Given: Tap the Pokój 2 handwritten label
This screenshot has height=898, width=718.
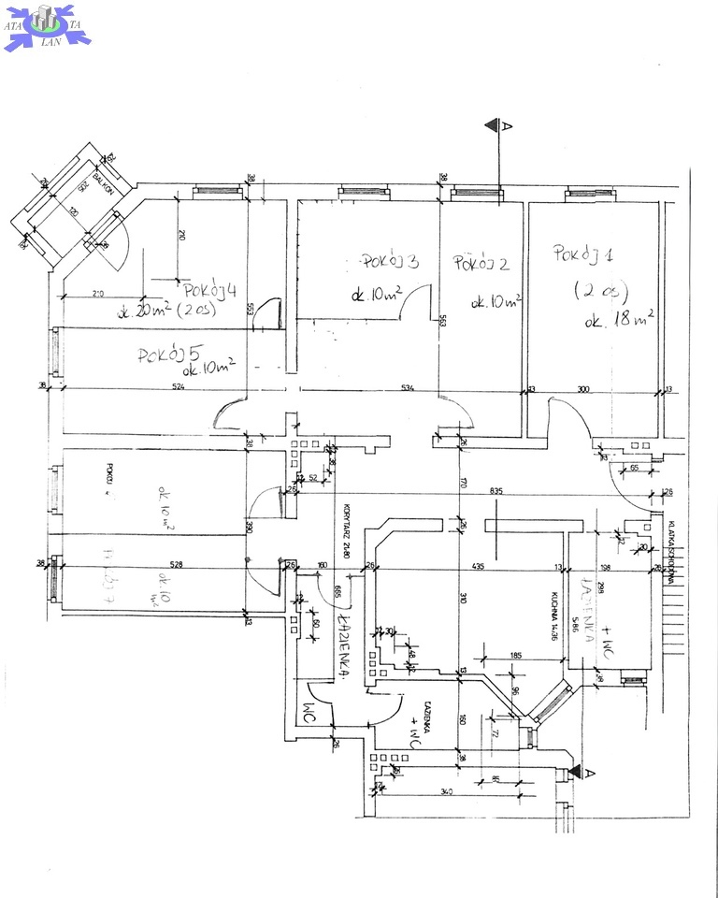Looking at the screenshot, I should click(481, 265).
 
